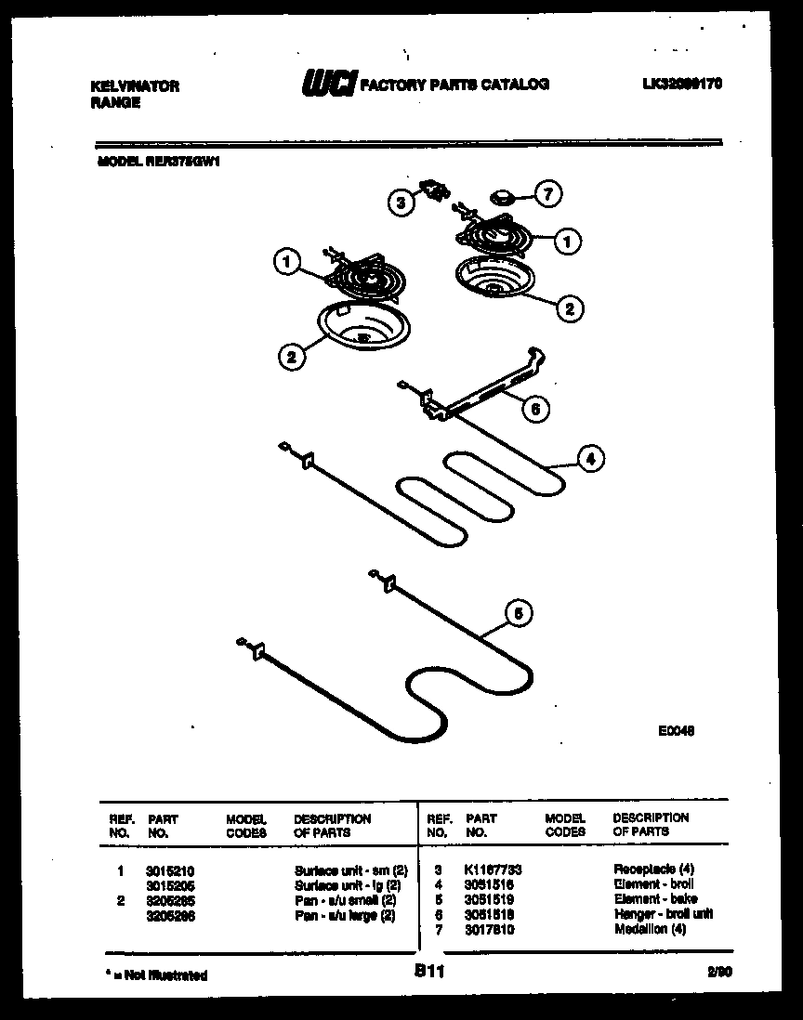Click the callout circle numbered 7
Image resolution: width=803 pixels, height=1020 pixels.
(550, 195)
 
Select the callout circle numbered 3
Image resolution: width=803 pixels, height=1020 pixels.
(401, 203)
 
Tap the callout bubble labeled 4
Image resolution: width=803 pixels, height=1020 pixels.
(588, 457)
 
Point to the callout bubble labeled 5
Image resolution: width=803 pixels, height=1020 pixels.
(519, 613)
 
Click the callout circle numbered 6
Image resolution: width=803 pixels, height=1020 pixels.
(535, 409)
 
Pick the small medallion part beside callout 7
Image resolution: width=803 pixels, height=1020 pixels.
(504, 196)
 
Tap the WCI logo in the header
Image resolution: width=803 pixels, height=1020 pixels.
(327, 85)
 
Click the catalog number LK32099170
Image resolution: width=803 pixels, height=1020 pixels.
(682, 84)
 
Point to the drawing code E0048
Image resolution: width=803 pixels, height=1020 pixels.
(676, 730)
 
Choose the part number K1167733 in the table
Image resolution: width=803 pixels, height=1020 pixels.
(494, 870)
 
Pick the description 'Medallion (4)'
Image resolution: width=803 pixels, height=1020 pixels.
(650, 929)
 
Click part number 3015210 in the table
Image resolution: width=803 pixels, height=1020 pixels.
(169, 871)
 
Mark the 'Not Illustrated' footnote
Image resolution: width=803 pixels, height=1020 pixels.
(155, 975)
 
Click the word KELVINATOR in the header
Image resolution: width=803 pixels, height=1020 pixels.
(135, 85)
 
